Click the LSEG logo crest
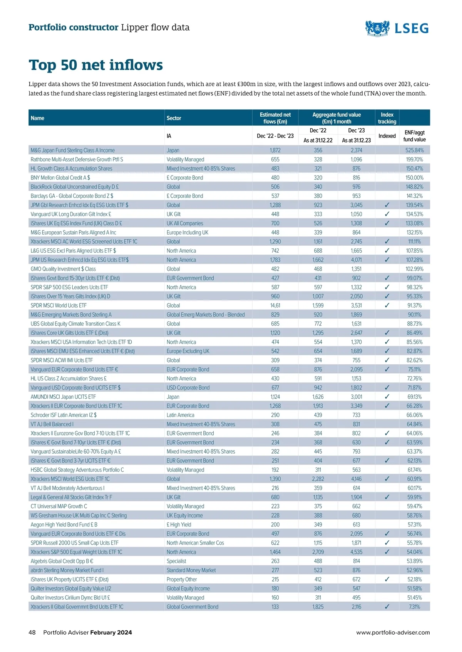point(377,28)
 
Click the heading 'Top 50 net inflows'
point(96,65)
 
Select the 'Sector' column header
point(174,118)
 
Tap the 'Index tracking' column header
point(387,118)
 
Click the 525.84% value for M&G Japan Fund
point(414,151)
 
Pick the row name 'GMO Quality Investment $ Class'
point(63,269)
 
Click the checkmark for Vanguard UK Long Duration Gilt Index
point(387,215)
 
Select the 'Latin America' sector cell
point(180,415)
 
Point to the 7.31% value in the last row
point(414,607)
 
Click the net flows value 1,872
point(275,151)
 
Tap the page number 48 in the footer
point(32,632)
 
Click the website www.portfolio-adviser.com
point(393,632)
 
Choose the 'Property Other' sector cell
point(181,580)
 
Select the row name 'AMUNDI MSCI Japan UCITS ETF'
point(63,397)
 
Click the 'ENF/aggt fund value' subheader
point(414,136)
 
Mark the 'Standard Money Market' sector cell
point(191,570)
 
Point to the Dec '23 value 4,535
point(357,552)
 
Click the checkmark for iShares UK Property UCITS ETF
point(387,580)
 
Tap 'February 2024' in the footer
point(111,632)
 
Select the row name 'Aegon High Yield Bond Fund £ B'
point(64,525)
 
